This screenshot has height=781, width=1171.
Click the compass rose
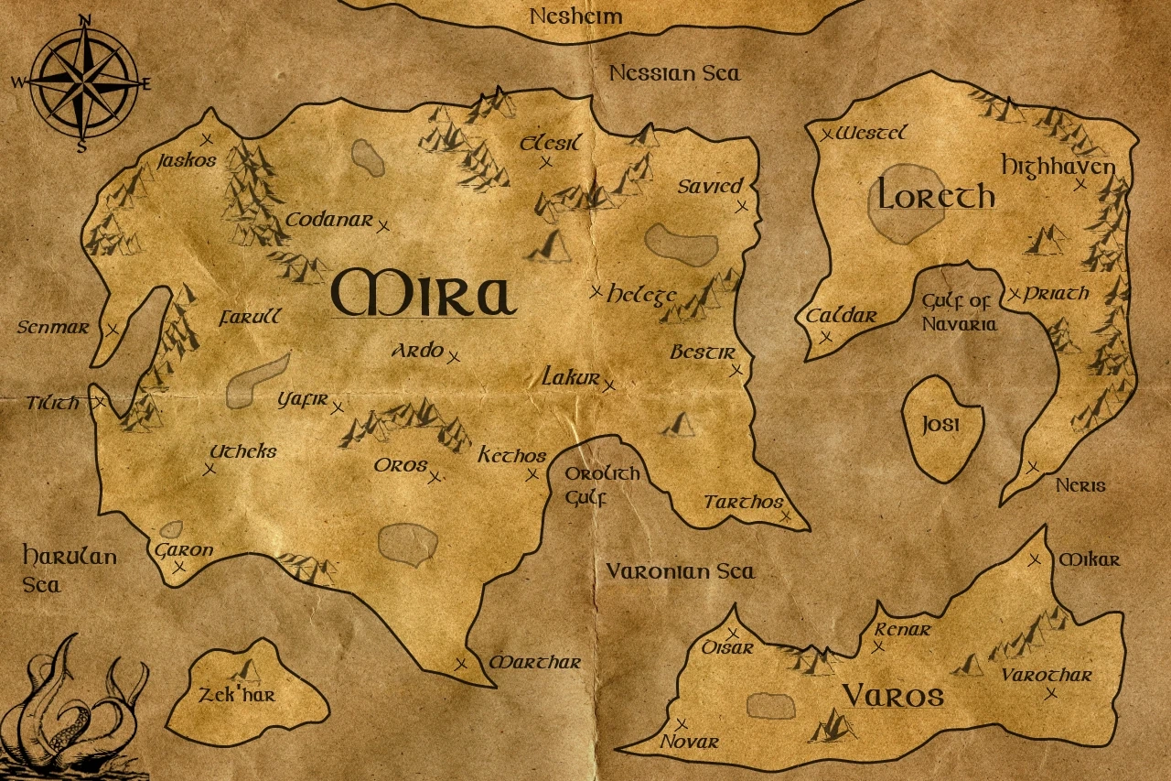(83, 82)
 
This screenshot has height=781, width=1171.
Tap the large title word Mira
(424, 293)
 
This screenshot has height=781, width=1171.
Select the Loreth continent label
(936, 195)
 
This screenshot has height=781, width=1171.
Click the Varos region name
(893, 696)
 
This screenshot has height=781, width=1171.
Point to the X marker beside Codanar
(384, 226)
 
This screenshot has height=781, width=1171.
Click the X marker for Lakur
(609, 385)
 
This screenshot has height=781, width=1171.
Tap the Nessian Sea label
(675, 72)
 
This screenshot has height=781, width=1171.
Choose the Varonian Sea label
(681, 571)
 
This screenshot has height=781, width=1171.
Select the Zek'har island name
(237, 696)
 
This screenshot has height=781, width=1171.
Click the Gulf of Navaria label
(958, 312)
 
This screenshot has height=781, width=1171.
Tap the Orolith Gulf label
(601, 485)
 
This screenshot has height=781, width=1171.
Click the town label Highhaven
(1058, 167)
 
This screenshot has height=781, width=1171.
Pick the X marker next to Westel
(826, 135)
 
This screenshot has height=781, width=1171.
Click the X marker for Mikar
(1035, 559)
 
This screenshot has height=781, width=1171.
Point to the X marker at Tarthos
(785, 517)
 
